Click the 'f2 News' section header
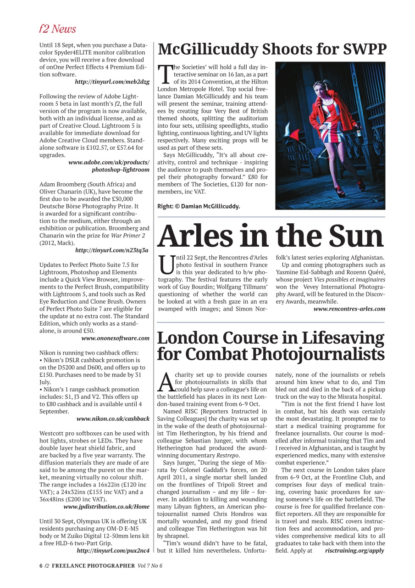pos(57,29)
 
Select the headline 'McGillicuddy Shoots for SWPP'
pos(272,49)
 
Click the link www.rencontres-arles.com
pos(349,309)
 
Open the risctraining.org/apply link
pos(354,550)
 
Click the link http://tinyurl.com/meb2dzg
pos(112,81)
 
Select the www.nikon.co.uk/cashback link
pos(113,418)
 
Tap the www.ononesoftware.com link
pos(115,338)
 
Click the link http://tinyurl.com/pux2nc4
pos(113,550)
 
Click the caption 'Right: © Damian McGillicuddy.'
pos(199,206)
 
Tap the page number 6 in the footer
pos(41,565)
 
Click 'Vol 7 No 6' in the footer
pos(149,565)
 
